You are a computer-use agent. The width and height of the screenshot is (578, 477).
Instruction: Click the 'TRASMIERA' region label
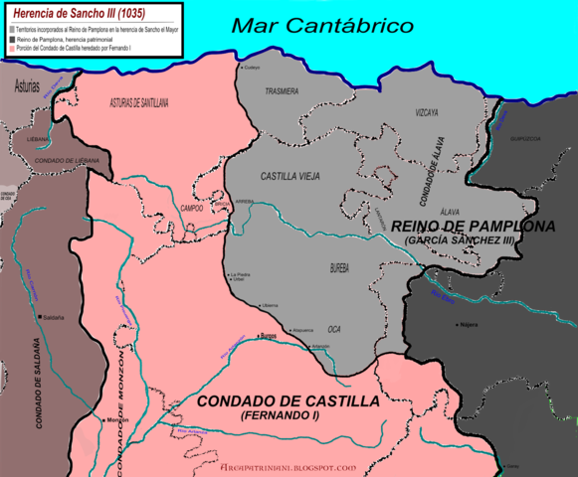282,90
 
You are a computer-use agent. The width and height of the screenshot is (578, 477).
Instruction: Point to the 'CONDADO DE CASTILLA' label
289,400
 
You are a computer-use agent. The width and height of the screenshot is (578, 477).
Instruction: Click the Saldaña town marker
38,318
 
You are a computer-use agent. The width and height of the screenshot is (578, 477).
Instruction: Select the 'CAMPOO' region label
191,209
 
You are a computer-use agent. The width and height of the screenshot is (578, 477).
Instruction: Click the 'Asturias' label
28,86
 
